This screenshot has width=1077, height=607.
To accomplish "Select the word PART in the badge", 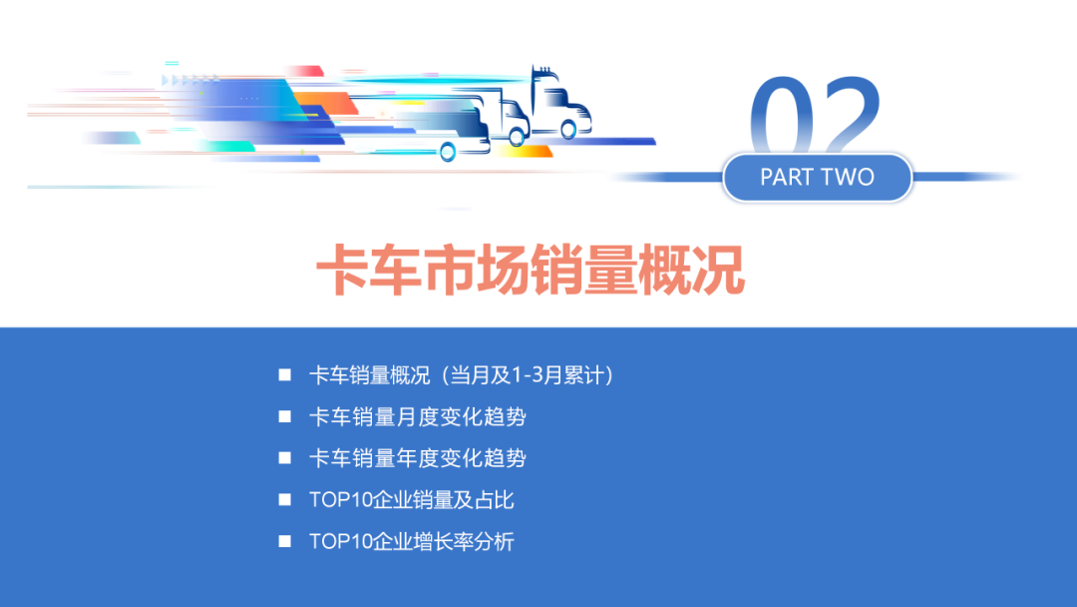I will click(787, 178).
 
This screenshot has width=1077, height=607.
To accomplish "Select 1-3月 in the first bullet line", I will click(538, 376).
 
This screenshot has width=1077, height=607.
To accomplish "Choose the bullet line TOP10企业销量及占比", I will click(412, 500).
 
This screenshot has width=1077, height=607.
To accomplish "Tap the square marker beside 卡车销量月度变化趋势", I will click(285, 417).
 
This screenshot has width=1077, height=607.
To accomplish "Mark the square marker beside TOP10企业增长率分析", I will click(285, 542).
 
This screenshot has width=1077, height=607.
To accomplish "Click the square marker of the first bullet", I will click(285, 376).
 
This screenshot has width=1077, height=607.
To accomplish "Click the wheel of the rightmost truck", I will click(568, 130).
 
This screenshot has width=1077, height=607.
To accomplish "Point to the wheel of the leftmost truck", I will click(448, 152).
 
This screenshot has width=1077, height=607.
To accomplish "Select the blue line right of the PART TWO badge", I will click(962, 178).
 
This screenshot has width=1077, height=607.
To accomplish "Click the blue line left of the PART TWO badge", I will click(668, 178).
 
